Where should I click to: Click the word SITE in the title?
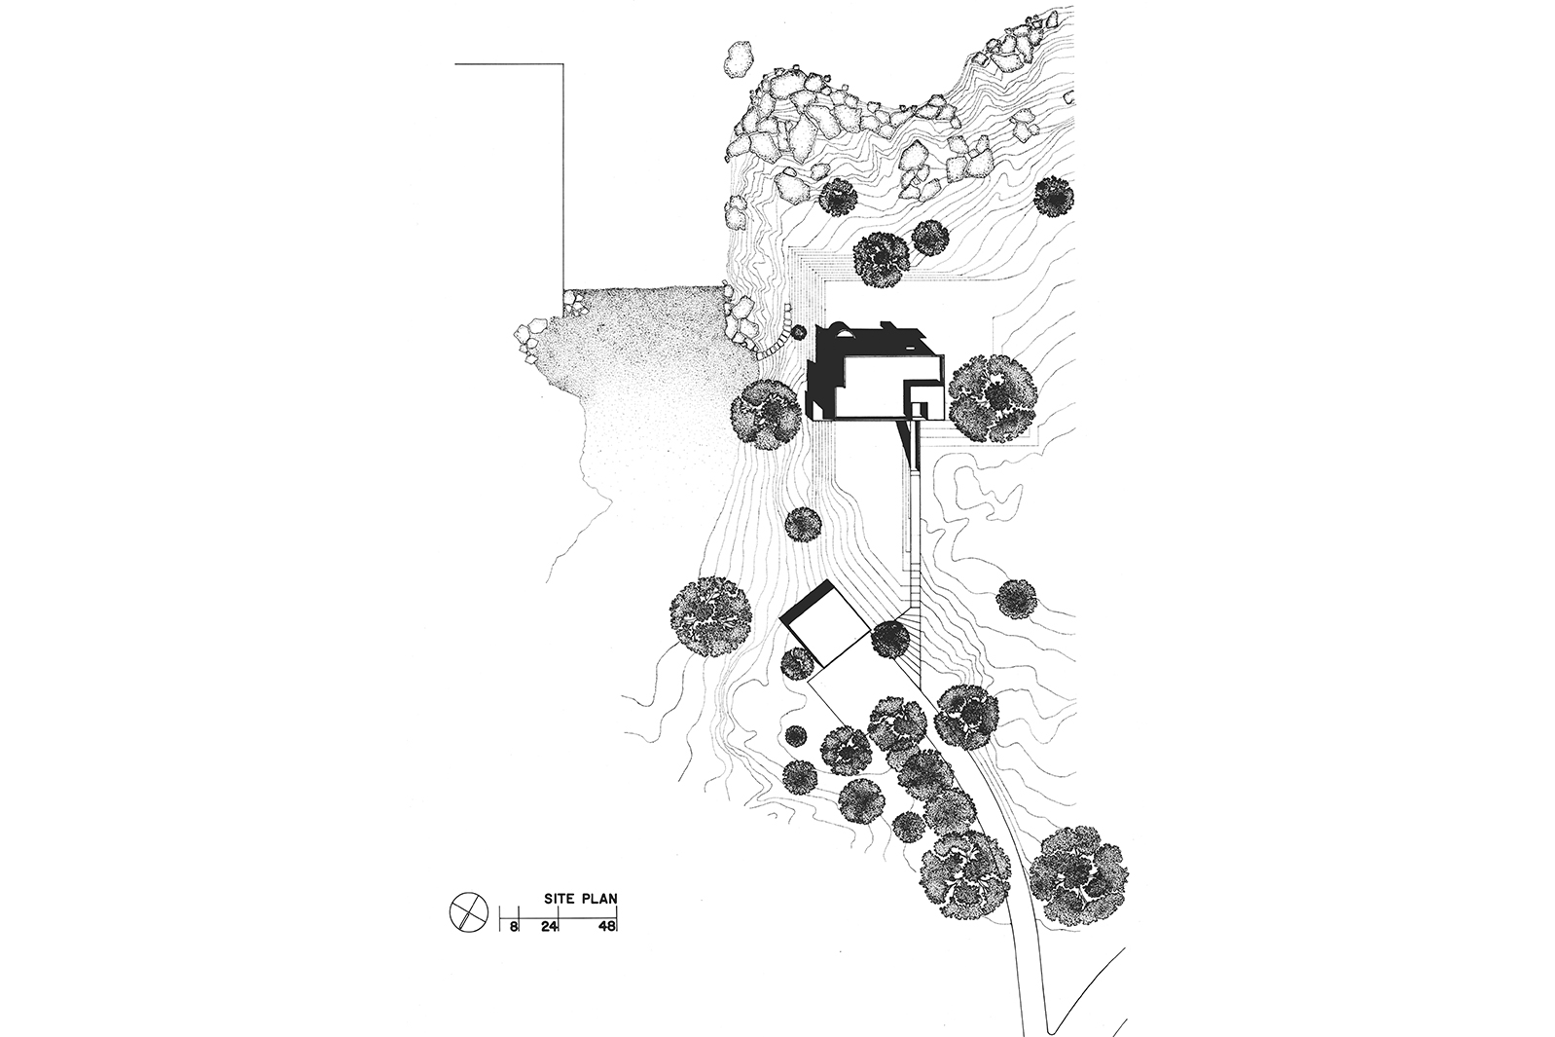click(x=559, y=898)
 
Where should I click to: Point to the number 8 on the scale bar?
click(x=513, y=925)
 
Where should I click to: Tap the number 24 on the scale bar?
click(x=551, y=925)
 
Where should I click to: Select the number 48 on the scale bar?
click(x=607, y=925)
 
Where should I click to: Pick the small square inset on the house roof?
click(x=920, y=411)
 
